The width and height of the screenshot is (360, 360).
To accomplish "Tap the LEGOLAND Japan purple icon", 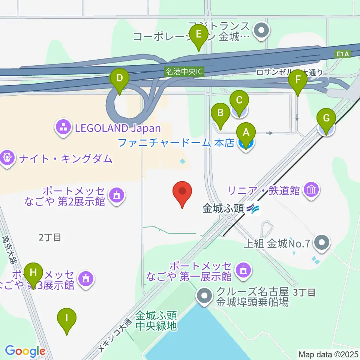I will pyautogui.click(x=63, y=128).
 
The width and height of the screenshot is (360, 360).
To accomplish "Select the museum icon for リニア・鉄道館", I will pyautogui.click(x=312, y=190).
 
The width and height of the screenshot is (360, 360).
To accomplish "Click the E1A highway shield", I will pyautogui.click(x=342, y=55).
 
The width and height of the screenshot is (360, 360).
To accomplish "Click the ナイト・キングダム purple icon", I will pyautogui.click(x=7, y=158).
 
